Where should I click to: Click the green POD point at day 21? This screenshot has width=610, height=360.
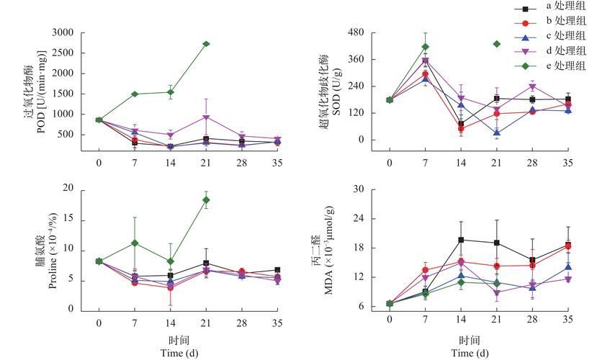206,44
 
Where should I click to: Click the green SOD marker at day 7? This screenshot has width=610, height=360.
425,47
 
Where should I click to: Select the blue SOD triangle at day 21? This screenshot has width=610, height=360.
496,132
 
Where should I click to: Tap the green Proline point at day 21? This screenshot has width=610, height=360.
206,199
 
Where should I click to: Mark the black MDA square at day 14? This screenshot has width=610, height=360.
461,240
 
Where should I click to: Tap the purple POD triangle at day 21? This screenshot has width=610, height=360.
206,117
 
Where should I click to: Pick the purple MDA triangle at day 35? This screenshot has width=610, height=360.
568,279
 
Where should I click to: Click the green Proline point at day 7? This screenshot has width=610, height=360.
135,243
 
